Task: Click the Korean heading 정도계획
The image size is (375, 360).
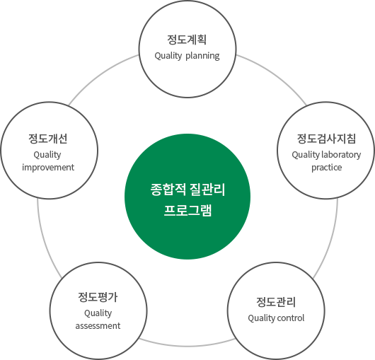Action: (x=187, y=40)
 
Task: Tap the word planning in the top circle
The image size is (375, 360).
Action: (x=202, y=56)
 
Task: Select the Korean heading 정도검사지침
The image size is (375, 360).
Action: (x=326, y=139)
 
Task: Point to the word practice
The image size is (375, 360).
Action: (x=326, y=168)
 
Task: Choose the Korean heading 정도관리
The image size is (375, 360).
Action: (x=276, y=302)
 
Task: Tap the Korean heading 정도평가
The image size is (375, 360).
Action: (x=98, y=297)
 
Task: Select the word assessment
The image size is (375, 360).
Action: (x=98, y=326)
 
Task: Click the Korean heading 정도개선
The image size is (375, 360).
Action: (x=48, y=139)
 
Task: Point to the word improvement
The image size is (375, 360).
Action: (x=48, y=168)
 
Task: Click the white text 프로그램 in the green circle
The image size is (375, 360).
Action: (x=187, y=211)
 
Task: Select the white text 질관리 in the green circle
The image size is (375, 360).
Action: (x=207, y=190)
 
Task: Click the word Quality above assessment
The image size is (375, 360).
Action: (x=98, y=313)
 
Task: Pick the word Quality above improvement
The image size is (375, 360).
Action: (x=47, y=155)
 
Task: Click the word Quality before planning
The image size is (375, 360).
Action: (x=168, y=56)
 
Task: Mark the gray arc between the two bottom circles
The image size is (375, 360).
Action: (x=187, y=346)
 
